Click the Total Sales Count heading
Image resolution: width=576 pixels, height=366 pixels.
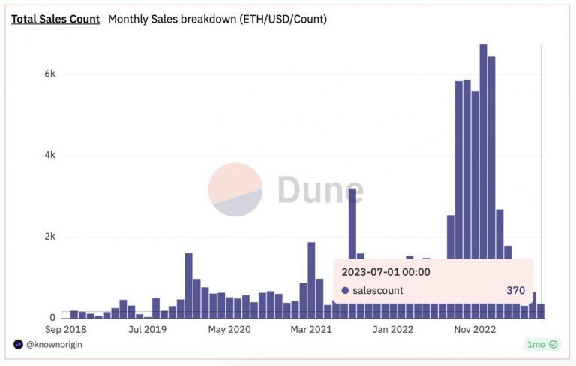point(55,19)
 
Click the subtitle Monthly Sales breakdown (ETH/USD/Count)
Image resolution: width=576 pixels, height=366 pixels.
point(217,19)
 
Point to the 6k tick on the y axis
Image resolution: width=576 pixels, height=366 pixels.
point(49,74)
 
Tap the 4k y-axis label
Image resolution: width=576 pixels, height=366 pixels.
point(49,156)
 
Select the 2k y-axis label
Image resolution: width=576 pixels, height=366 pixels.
point(49,237)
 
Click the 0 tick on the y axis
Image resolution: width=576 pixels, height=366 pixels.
point(52,318)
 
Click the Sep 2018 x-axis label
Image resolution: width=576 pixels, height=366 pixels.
point(66,329)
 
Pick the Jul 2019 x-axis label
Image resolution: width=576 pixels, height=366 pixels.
point(147,329)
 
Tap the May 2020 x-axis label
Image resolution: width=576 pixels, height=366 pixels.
point(229,329)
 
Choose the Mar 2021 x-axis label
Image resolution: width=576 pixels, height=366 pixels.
point(311,329)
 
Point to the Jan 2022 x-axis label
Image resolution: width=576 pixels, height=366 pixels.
point(393,329)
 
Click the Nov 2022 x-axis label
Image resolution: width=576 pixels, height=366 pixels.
point(475,329)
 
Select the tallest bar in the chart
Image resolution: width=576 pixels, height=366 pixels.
point(483,180)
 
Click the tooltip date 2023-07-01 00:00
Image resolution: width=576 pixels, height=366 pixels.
point(385,271)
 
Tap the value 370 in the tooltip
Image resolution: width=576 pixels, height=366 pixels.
point(515,290)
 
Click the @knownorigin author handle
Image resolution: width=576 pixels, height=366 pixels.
point(52,344)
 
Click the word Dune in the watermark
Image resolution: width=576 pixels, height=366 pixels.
point(320,190)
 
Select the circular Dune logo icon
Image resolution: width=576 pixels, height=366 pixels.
point(235,189)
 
